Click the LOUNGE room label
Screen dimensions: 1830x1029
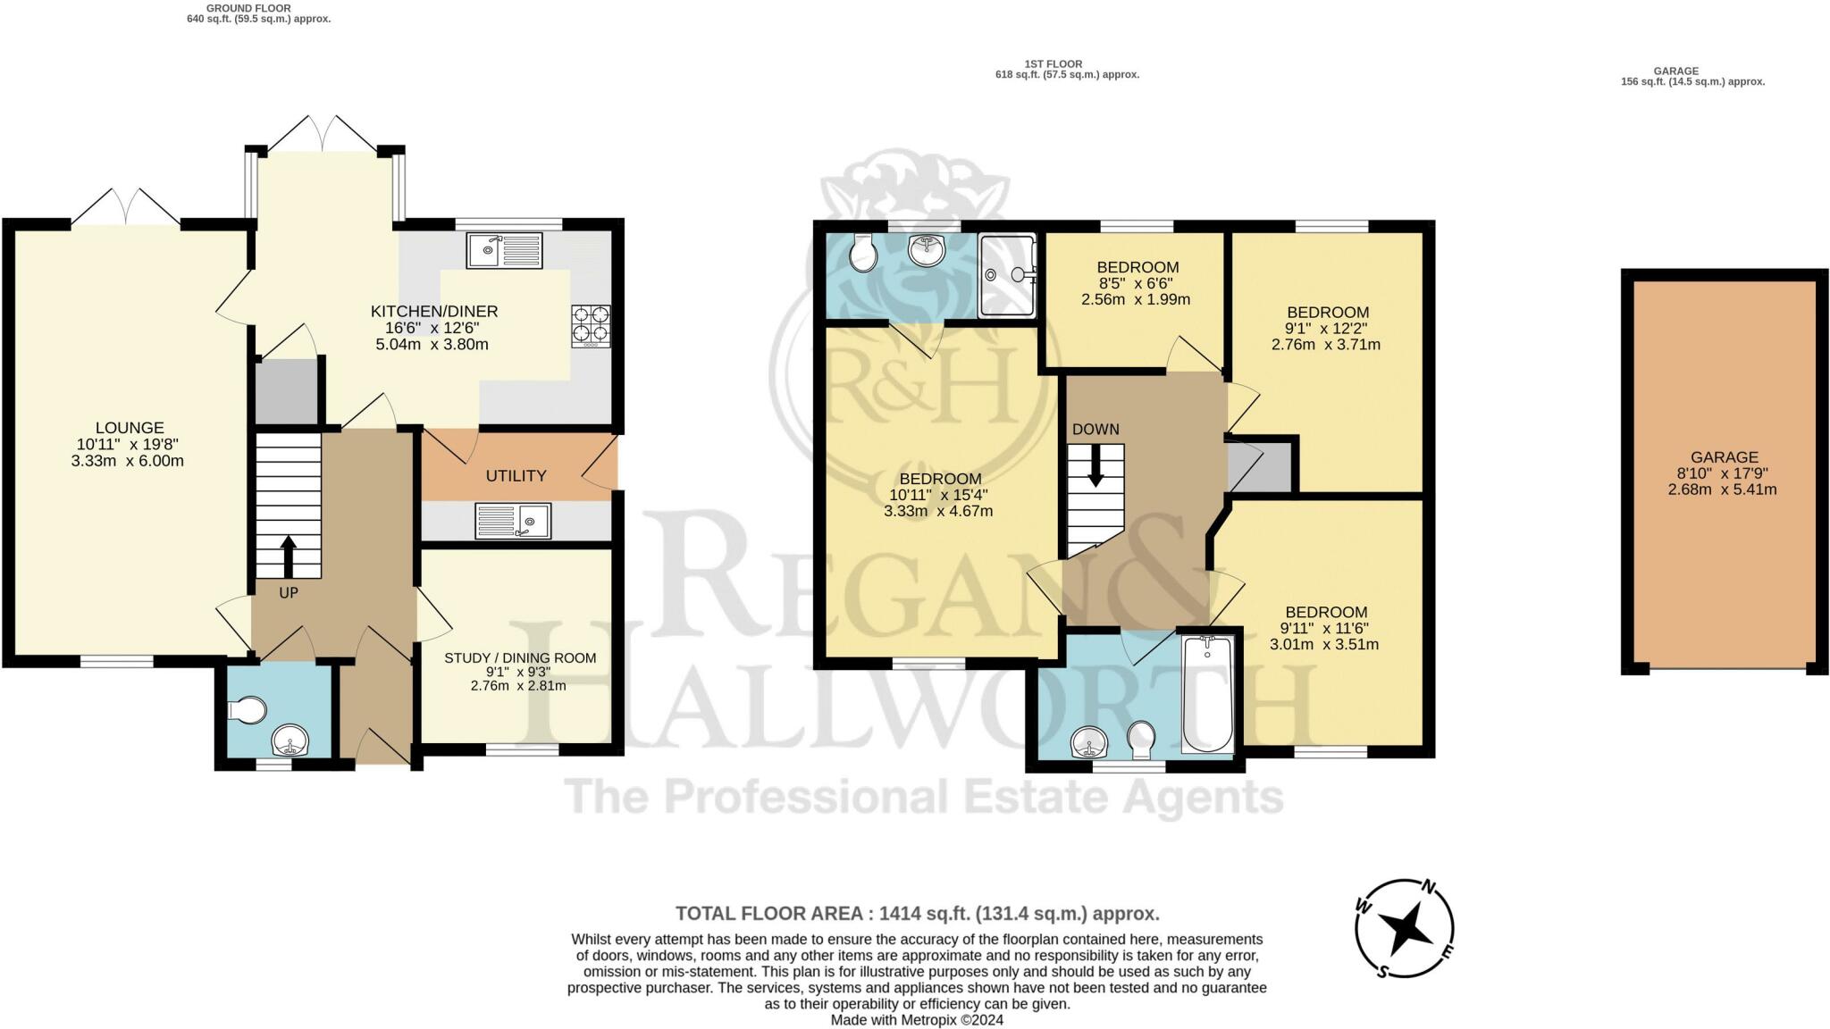click(130, 428)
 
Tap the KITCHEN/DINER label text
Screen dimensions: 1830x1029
click(434, 312)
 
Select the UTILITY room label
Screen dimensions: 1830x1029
click(516, 476)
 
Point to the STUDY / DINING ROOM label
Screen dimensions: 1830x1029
click(520, 658)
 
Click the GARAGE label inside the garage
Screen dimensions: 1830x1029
click(1724, 457)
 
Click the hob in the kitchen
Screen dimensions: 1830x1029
click(592, 326)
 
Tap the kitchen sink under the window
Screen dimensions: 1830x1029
click(504, 250)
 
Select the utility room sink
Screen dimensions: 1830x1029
click(513, 521)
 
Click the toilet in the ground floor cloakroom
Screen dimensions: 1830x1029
click(248, 711)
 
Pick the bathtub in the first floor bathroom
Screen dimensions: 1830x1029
click(1207, 694)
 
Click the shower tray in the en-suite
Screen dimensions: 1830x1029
click(1007, 275)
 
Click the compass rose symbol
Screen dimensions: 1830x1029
click(1405, 928)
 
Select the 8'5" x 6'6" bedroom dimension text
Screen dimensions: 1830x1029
click(1136, 283)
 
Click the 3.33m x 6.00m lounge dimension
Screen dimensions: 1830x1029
click(128, 461)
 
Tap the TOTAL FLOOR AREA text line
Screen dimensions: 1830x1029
click(918, 914)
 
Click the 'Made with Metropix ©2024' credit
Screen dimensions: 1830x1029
click(917, 1020)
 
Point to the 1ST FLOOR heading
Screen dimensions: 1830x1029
click(1054, 64)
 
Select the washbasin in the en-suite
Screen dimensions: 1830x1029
click(927, 250)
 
